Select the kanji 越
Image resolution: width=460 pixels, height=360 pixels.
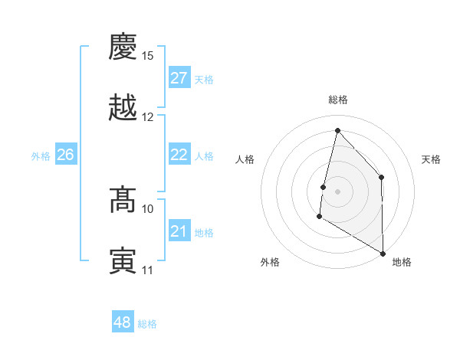click(x=123, y=107)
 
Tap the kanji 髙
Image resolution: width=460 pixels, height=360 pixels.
click(x=123, y=200)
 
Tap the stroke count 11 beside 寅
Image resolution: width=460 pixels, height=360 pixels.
click(x=147, y=270)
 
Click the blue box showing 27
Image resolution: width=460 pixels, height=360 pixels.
click(x=179, y=78)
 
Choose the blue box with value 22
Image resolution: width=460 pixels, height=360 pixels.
click(x=179, y=155)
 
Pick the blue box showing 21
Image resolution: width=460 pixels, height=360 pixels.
click(x=179, y=231)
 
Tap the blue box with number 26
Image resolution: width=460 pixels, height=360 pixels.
click(x=66, y=155)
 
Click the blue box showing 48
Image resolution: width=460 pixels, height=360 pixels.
click(x=123, y=322)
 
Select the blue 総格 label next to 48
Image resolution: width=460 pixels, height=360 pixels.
click(x=147, y=324)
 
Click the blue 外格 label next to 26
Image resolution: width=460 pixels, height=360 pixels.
click(x=41, y=156)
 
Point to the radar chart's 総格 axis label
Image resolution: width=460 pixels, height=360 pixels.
click(x=337, y=100)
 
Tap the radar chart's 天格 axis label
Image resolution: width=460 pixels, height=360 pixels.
click(x=431, y=159)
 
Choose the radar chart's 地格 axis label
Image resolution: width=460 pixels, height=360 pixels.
click(x=402, y=262)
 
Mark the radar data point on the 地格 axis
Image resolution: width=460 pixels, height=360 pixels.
click(x=382, y=253)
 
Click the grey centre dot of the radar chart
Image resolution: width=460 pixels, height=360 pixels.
click(x=337, y=191)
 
